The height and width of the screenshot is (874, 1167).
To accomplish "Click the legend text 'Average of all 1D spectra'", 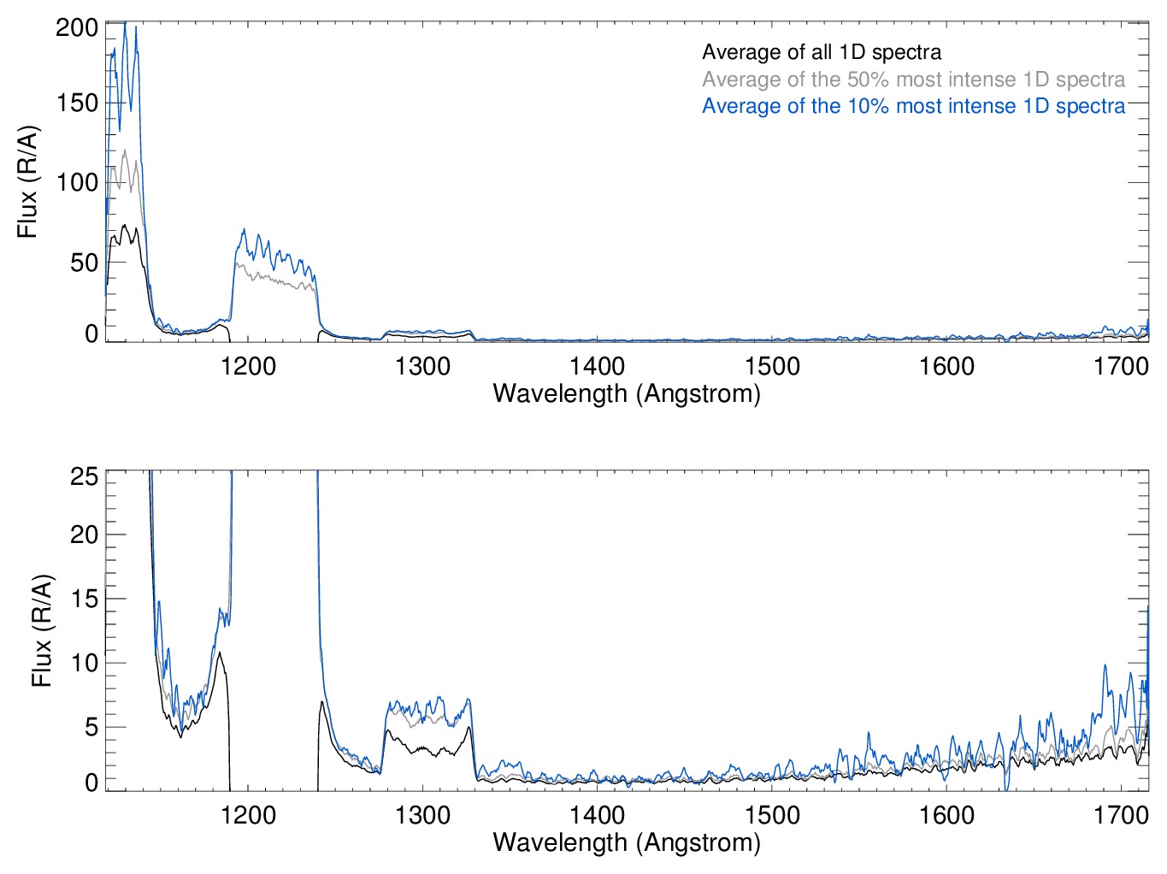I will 821,52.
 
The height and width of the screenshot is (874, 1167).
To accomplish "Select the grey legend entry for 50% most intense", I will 913,80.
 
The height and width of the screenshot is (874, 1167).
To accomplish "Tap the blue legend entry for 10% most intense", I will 913,106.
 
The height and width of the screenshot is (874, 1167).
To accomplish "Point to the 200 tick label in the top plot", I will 77,27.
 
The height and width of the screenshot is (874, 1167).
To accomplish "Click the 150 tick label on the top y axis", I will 77,103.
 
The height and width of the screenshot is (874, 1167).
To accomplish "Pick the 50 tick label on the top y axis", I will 84,263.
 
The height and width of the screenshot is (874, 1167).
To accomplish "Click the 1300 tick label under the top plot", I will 422,367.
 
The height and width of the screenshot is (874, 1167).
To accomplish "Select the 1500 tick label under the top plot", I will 772,367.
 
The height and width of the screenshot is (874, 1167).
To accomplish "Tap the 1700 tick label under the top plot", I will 1121,367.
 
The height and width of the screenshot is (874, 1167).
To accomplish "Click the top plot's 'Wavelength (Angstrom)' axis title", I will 627,393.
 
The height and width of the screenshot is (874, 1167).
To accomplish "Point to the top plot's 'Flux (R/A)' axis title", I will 27,182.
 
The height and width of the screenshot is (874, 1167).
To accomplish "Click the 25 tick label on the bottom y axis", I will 84,476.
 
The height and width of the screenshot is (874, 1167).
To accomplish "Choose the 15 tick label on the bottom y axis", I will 84,599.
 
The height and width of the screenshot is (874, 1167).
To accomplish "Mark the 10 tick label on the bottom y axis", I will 84,663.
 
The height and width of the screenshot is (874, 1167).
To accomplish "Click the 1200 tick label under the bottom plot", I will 248,815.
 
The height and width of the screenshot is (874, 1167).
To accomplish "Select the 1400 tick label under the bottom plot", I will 597,815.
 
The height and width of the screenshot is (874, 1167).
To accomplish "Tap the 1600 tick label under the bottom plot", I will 946,815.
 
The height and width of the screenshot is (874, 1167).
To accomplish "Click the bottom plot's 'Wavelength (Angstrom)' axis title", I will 627,842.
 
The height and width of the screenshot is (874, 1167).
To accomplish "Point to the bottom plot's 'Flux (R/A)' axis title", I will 42,630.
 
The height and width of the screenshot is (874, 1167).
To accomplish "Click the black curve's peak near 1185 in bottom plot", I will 220,653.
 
